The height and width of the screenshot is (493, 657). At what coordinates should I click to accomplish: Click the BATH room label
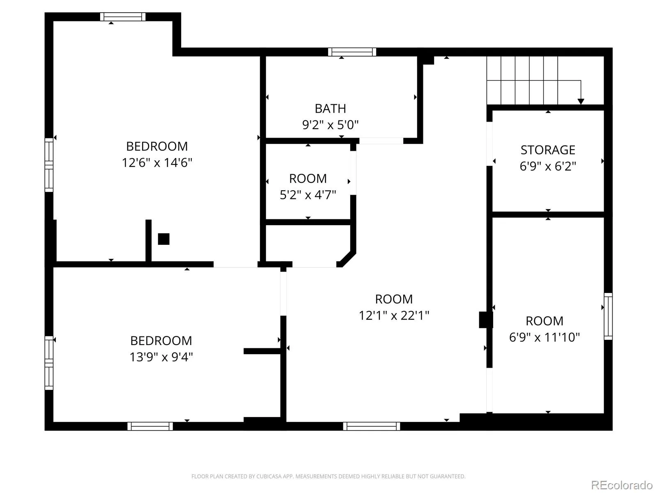tap(330, 108)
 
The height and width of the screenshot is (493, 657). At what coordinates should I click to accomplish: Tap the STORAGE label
tap(547, 150)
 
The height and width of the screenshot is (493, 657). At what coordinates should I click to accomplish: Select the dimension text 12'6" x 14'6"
tap(157, 163)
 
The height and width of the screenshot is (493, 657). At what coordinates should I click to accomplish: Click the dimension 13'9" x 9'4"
tap(161, 357)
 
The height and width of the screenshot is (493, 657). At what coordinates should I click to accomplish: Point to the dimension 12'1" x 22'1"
tap(394, 315)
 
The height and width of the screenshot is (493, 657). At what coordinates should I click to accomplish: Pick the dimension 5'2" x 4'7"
tap(308, 195)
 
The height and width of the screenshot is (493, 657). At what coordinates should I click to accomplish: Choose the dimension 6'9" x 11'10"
tap(544, 337)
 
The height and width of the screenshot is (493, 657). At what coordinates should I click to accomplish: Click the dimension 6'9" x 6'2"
tap(547, 166)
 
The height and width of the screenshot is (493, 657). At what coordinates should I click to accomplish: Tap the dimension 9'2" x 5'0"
tap(330, 124)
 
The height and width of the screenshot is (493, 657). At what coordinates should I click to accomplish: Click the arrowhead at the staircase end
tap(581, 101)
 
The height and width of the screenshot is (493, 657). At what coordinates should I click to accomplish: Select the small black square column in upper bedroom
tap(163, 239)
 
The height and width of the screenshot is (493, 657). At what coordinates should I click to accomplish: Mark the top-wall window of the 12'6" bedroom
tap(122, 17)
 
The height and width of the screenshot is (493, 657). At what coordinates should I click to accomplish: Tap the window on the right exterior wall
tap(608, 316)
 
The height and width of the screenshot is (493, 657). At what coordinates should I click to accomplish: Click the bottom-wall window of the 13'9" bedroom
tap(150, 426)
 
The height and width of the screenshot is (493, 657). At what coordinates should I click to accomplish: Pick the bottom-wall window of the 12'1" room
tap(371, 426)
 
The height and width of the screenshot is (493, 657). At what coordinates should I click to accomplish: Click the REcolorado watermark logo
tap(622, 485)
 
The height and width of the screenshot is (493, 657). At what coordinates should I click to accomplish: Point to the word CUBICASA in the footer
tap(269, 476)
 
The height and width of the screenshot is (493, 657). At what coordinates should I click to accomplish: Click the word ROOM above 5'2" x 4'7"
tap(308, 178)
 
